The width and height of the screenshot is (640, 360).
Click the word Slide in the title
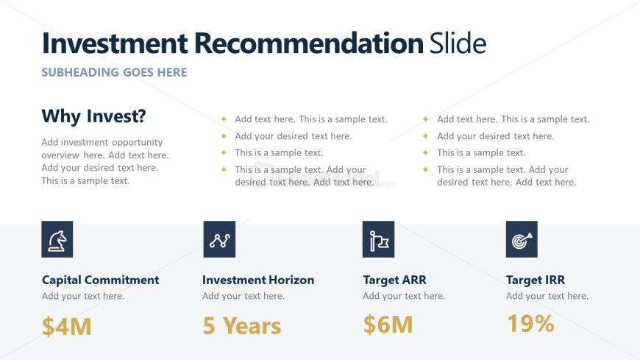pyautogui.click(x=458, y=43)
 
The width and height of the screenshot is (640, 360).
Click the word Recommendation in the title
pyautogui.click(x=308, y=43)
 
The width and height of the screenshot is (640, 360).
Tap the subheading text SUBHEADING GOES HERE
pyautogui.click(x=114, y=72)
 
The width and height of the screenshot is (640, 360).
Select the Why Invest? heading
pyautogui.click(x=94, y=116)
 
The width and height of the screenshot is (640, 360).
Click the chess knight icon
pyautogui.click(x=57, y=239)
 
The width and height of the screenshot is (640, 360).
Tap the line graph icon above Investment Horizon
pyautogui.click(x=219, y=239)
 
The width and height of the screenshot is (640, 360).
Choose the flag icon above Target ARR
pyautogui.click(x=378, y=239)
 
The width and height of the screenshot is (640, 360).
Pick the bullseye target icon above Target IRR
pyautogui.click(x=522, y=239)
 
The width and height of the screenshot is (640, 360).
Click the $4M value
pyautogui.click(x=66, y=326)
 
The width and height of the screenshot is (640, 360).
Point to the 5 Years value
pyautogui.click(x=242, y=325)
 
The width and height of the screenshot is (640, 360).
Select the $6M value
pyautogui.click(x=388, y=325)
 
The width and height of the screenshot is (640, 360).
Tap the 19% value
pyautogui.click(x=530, y=324)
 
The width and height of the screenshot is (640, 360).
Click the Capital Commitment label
pyautogui.click(x=100, y=280)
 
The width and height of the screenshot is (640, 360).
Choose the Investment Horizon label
pyautogui.click(x=258, y=280)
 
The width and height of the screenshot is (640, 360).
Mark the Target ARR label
pyautogui.click(x=395, y=280)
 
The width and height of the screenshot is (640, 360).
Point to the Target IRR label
pyautogui.click(x=536, y=280)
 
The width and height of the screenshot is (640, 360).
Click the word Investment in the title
pyautogui.click(x=115, y=43)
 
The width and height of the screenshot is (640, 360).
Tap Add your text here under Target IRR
pyautogui.click(x=547, y=296)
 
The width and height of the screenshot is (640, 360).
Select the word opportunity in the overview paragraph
pyautogui.click(x=137, y=143)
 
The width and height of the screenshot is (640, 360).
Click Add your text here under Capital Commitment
pyautogui.click(x=83, y=296)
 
